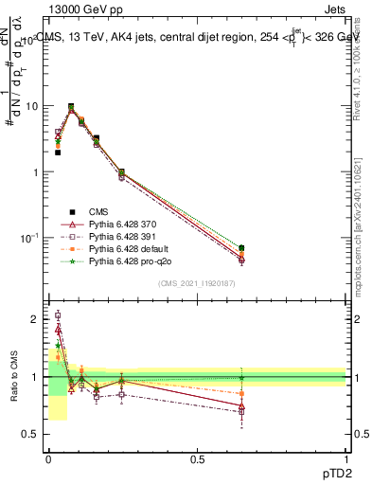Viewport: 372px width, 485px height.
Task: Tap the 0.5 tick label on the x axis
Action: tap(197, 458)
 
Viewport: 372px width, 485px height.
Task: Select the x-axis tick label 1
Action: tap(345, 458)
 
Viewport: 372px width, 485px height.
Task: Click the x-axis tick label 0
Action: tap(48, 458)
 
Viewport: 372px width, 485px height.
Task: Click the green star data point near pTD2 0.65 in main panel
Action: tap(241, 248)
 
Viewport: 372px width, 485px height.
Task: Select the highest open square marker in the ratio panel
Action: tap(58, 315)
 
